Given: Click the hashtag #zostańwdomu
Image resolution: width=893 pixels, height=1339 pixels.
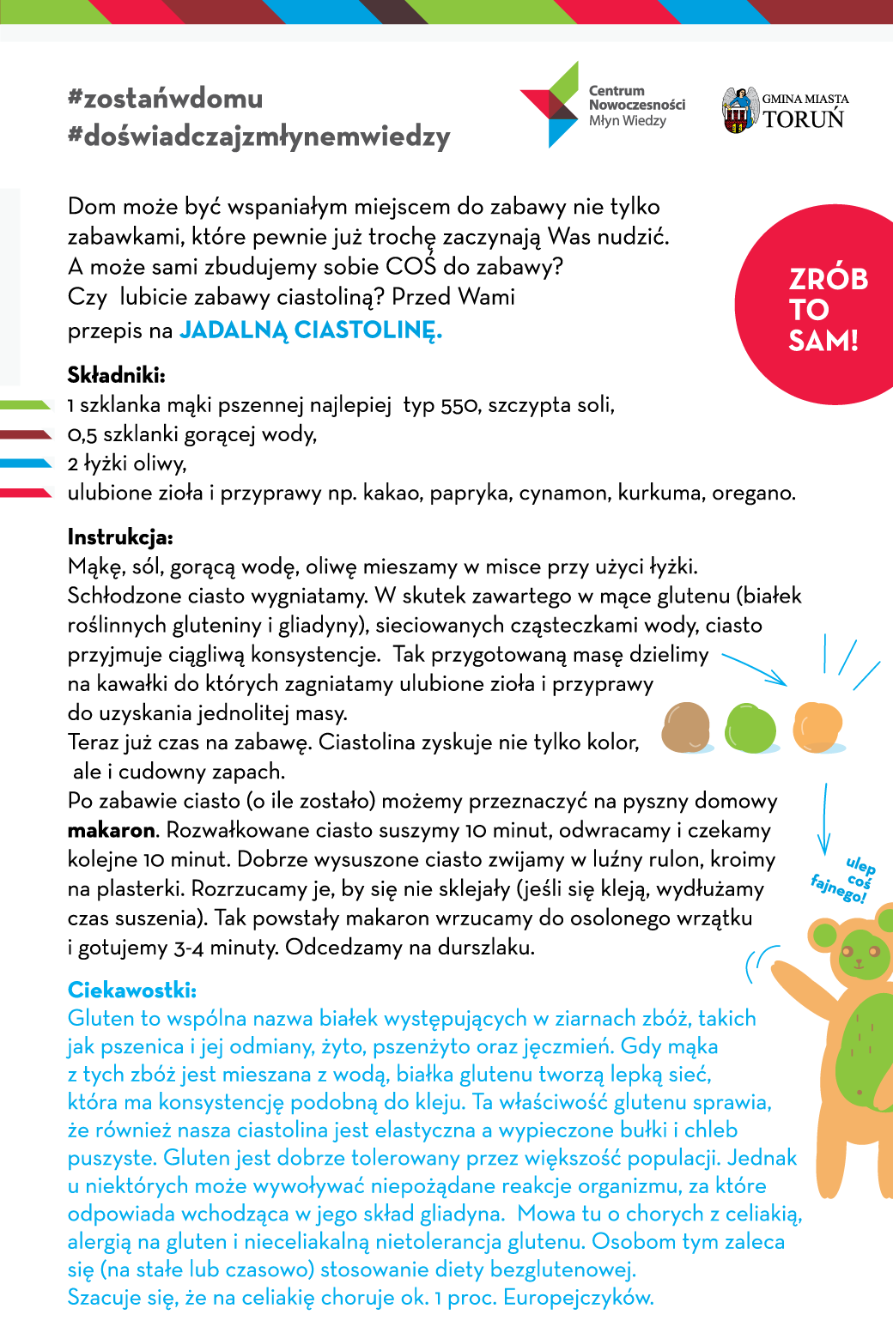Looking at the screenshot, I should pos(165,99).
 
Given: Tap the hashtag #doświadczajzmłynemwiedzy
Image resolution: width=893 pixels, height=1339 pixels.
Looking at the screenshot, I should pos(258,137).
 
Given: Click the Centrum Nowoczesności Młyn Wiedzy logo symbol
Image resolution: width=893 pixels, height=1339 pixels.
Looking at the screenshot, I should pos(550,105).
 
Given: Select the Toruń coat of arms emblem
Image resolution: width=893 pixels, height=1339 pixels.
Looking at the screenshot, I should pos(739,110).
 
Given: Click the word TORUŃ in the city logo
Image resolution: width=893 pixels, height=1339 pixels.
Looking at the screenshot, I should pos(804,119).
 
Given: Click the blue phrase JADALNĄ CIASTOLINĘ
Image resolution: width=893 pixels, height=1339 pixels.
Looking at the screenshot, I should pos(310,330).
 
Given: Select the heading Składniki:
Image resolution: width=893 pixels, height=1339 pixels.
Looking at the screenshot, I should pos(116,375).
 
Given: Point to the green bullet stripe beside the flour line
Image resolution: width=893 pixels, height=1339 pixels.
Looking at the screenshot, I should pos(26,404).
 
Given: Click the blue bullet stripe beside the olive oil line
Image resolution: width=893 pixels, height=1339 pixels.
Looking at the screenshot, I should pos(26,463).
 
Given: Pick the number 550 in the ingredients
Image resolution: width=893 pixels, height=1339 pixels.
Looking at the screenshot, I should pos(459,405).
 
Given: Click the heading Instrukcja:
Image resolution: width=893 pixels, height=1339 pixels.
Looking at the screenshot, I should pos(120,538).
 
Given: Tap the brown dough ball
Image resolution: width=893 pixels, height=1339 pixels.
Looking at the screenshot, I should pos(685,727).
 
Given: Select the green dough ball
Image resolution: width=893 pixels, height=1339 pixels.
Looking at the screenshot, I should pos(751,728).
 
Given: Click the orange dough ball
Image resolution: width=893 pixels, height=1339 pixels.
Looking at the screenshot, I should pos(817,727).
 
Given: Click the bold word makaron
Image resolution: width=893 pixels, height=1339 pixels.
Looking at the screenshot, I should pos(112,831).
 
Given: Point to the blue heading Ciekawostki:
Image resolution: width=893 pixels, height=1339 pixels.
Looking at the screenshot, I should pos(132,991).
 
